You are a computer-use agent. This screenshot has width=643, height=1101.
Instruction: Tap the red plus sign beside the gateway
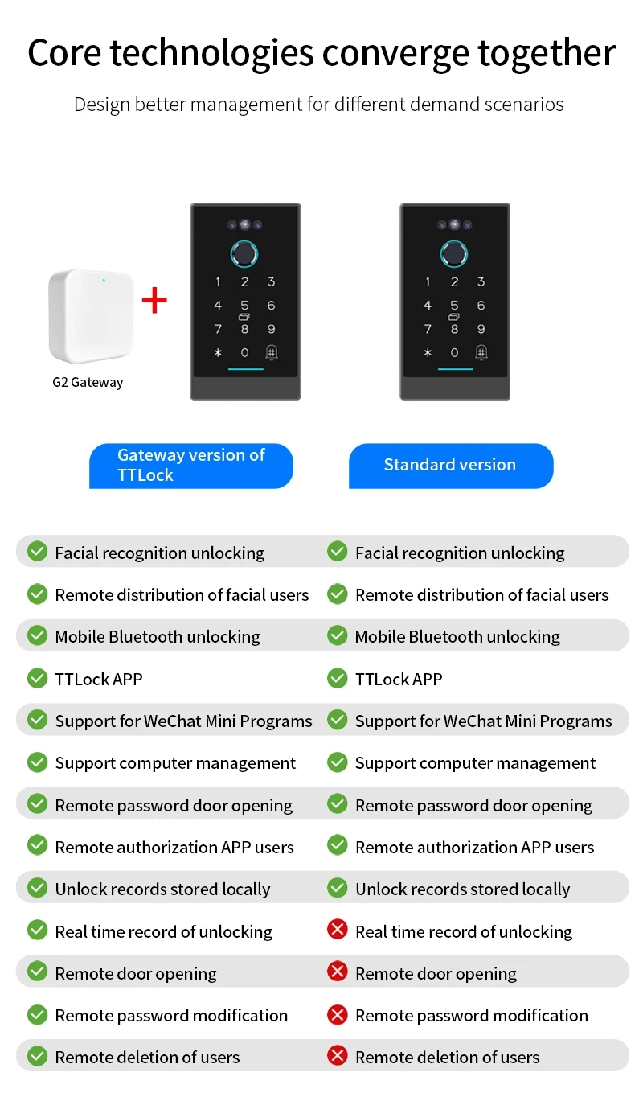pos(154,300)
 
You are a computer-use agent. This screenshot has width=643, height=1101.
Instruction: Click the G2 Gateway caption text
pos(88,382)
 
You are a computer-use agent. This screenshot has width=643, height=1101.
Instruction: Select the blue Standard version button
pos(450,465)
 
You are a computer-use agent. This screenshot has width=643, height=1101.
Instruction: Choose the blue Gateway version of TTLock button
pos(190,465)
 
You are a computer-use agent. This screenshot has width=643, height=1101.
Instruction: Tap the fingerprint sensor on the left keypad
pos(244,254)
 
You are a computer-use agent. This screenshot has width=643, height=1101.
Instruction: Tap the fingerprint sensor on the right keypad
pos(454,254)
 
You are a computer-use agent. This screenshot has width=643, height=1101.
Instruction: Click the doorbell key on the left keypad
pos(272,352)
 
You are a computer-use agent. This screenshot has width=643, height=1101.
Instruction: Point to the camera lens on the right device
pos(454,224)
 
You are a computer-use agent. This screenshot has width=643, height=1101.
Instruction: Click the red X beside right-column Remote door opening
pos(338,972)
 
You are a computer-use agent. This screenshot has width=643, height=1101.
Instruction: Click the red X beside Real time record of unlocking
pos(338,931)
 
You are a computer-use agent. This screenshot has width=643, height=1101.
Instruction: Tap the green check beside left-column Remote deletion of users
pos(37,1056)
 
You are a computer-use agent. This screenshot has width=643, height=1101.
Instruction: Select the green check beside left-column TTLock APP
pos(37,678)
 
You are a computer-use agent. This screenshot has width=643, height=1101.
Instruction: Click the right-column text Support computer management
pos(475,763)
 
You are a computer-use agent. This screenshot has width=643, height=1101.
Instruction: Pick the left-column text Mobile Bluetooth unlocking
pos(158,637)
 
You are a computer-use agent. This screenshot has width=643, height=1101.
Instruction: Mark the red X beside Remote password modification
pos(338,1014)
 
